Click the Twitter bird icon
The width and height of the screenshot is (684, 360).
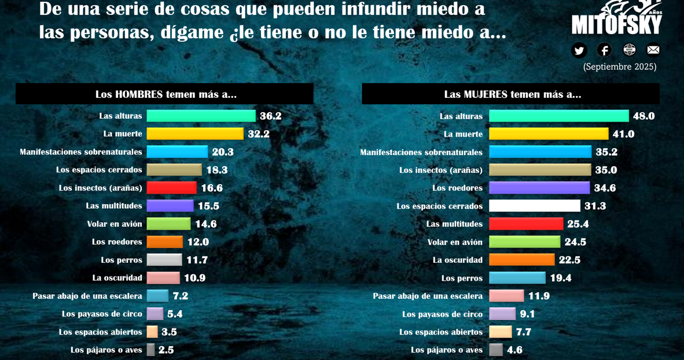579,50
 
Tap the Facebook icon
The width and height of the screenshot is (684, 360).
604,50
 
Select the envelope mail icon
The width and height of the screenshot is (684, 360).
653,50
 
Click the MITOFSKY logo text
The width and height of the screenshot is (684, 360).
616,24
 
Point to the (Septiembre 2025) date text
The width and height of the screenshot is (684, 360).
620,67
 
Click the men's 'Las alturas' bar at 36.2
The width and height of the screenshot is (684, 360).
201,116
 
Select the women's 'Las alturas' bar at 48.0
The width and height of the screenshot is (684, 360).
558,116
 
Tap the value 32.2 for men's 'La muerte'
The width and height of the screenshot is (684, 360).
259,134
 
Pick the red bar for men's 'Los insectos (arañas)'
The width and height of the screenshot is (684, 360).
171,188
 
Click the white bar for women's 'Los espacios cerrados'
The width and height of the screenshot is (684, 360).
534,205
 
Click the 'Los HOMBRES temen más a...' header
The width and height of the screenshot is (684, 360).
166,94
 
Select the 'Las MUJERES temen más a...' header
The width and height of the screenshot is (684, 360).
512,94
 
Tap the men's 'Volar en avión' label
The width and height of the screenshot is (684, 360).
115,224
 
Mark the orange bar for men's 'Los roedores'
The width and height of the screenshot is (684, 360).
164,242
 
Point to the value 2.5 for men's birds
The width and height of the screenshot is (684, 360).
166,350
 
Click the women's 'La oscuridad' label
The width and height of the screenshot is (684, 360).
458,260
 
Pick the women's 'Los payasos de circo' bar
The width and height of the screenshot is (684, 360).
502,314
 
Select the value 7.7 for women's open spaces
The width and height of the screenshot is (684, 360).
524,332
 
